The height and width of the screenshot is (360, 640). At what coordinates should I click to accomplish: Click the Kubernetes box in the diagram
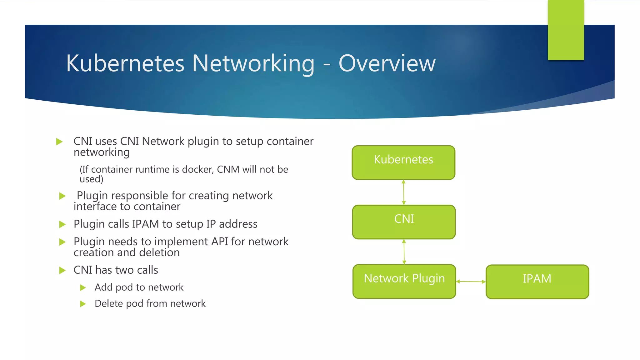click(403, 162)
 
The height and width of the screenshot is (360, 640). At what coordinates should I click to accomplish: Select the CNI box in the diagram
click(404, 222)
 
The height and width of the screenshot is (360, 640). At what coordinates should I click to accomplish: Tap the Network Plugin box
click(404, 281)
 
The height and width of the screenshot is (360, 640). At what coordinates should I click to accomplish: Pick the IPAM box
click(537, 282)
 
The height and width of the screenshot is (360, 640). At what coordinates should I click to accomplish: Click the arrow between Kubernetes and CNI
click(404, 192)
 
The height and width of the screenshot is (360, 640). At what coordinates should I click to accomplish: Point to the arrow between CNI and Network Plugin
click(404, 252)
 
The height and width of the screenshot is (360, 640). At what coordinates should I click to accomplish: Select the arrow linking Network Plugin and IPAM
click(471, 282)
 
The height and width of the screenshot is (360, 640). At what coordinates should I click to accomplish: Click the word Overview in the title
click(387, 63)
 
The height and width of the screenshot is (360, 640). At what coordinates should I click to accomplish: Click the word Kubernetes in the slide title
click(125, 63)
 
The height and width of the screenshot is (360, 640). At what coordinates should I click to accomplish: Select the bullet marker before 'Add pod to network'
click(83, 287)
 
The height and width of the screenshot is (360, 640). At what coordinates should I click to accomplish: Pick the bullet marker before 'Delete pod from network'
click(83, 304)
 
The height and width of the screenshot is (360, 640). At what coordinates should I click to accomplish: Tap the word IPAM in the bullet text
click(145, 224)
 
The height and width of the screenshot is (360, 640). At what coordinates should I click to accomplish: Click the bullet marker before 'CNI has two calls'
click(62, 270)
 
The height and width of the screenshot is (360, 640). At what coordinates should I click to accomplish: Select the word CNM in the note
click(228, 169)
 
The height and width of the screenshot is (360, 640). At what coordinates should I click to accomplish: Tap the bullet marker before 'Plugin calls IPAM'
click(62, 224)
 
